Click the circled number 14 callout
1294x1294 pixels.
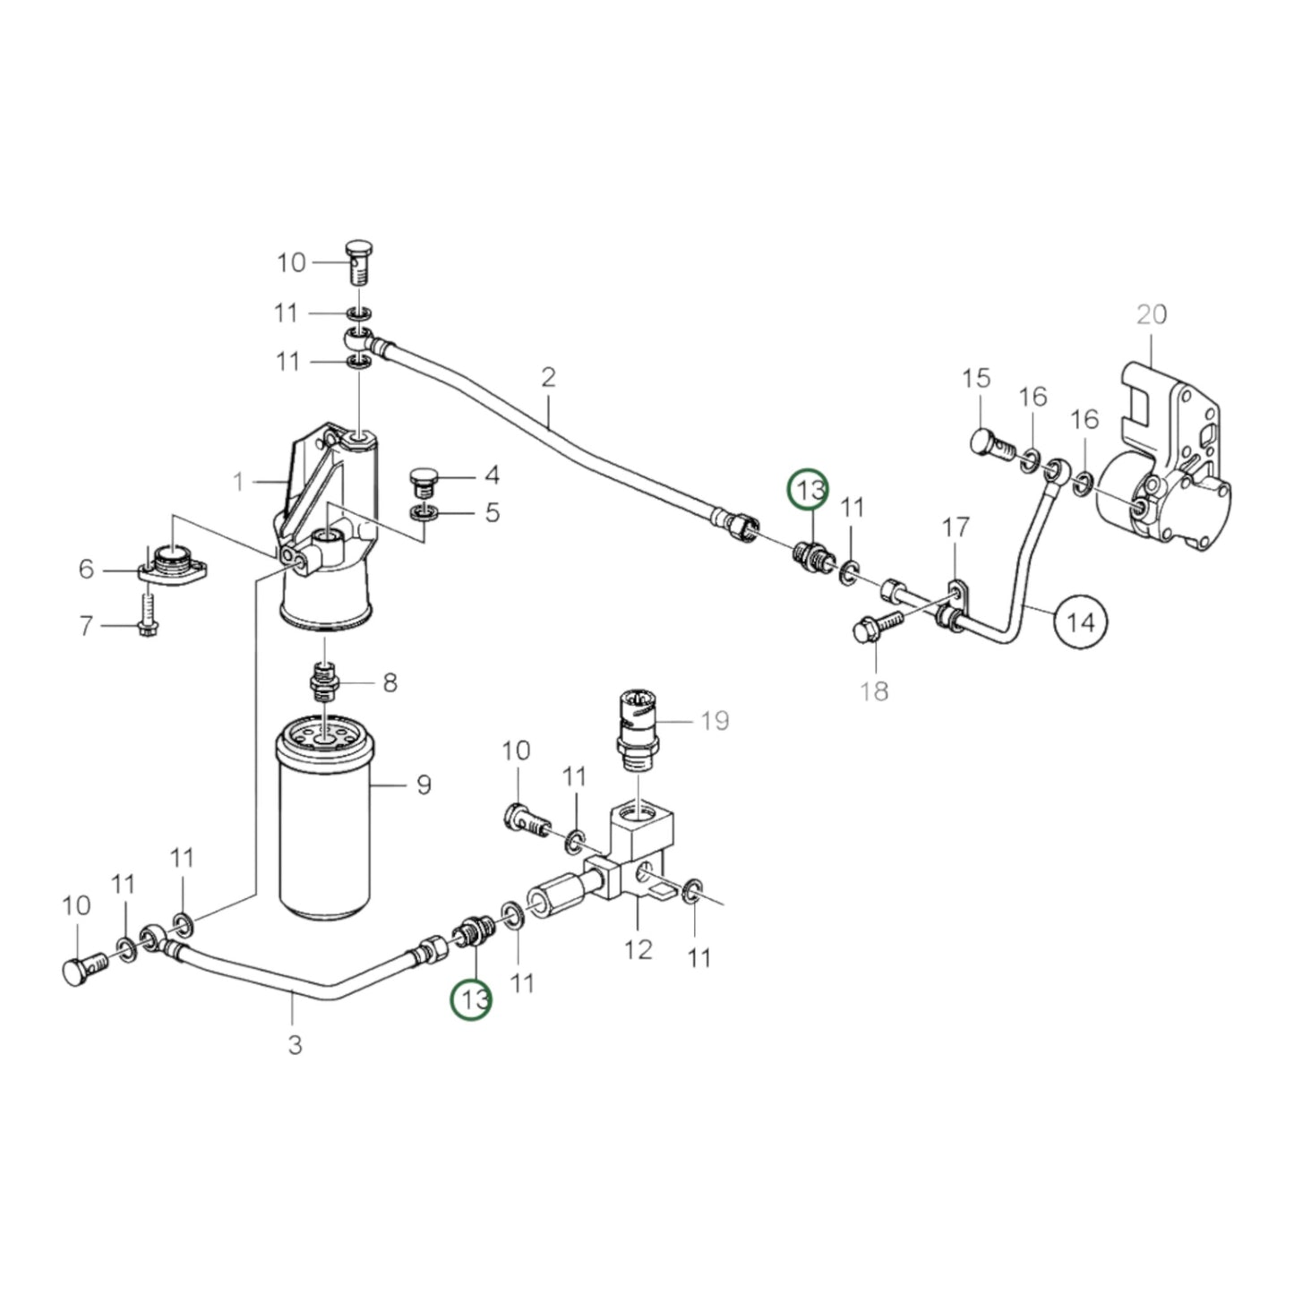pos(1081,621)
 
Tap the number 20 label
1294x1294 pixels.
pos(1152,314)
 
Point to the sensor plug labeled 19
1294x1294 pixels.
pos(637,723)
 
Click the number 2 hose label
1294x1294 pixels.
pos(548,376)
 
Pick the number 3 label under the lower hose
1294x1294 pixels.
pos(295,1044)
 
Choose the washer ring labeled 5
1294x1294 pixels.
pos(423,514)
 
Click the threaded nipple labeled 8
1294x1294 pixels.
pos(323,682)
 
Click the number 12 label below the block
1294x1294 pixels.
pos(638,948)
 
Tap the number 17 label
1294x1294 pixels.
pos(956,528)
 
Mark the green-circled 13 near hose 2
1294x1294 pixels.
pos(809,490)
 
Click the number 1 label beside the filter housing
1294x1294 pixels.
pos(238,483)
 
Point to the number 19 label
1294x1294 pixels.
pos(715,720)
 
